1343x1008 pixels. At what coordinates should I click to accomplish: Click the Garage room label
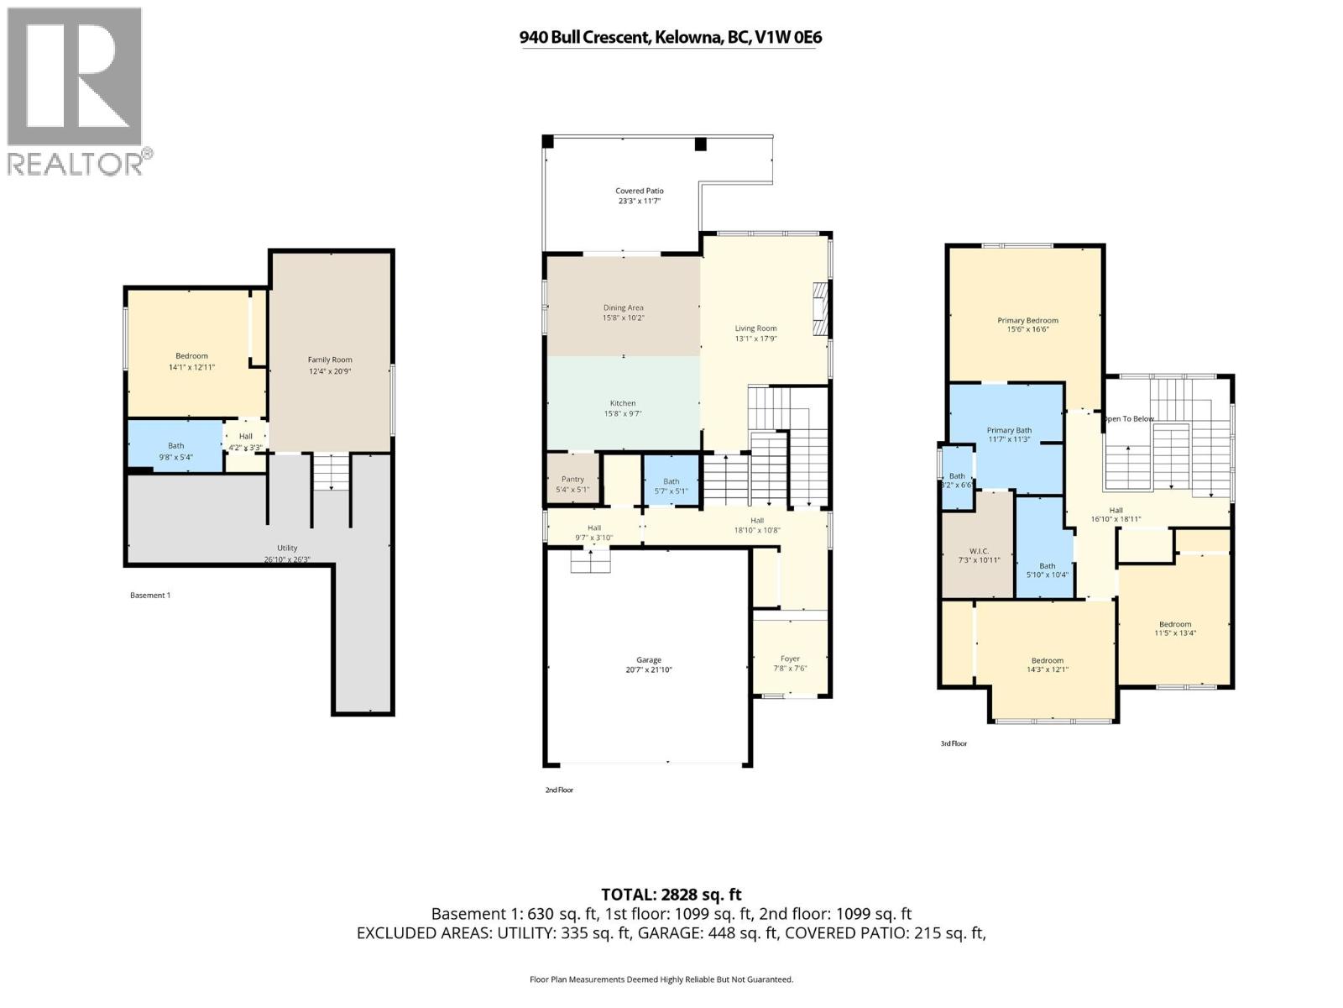tap(648, 660)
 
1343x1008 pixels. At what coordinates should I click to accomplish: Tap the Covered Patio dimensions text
tap(640, 202)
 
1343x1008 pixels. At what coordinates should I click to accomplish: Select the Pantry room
tap(572, 480)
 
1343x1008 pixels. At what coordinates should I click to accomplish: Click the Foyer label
tap(790, 659)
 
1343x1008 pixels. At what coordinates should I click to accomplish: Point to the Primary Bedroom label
tap(1027, 320)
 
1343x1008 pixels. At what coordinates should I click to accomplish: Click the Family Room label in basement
tap(330, 360)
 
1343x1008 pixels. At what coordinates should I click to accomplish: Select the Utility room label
tap(287, 548)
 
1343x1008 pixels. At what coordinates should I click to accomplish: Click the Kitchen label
tap(623, 403)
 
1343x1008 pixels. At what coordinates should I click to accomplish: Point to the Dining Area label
tap(623, 307)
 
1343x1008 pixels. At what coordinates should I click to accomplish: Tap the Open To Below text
tap(1129, 418)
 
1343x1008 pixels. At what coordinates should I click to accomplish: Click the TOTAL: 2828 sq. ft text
tap(671, 895)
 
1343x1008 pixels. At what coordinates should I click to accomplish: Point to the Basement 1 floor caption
tap(150, 596)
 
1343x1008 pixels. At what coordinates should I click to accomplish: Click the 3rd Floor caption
tap(954, 743)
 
